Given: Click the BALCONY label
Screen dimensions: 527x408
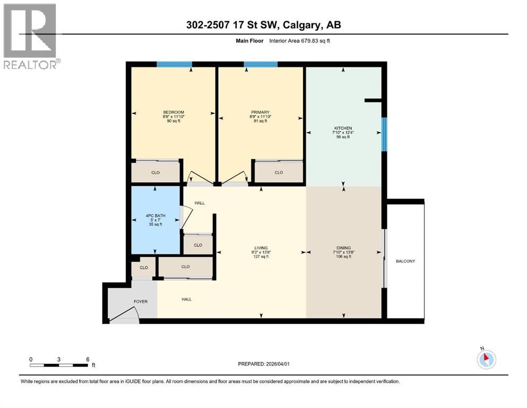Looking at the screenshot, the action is pos(405,261).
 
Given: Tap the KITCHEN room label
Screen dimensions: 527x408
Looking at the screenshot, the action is pos(343,128).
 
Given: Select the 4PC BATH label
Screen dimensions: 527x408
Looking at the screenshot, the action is pos(155,216).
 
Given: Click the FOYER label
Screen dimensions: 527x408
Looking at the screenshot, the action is pos(141,302).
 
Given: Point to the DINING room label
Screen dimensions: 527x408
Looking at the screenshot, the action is pos(343,248).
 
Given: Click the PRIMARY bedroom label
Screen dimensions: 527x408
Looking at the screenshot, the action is pos(260,112).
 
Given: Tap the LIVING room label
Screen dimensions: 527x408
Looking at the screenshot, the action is pos(261,248).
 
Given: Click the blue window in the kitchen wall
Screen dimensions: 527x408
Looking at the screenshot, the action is pos(384,134).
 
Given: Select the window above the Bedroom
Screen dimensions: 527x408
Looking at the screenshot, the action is pos(175,64).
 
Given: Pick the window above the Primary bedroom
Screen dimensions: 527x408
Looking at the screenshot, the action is pos(261,64).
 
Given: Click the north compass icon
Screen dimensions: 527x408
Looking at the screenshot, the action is pos(486,359).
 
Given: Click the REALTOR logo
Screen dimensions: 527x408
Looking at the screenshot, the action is pos(32,36).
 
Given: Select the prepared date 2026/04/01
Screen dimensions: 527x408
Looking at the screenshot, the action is pos(278,364).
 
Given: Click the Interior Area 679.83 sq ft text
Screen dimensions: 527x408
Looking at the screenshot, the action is pos(299,41).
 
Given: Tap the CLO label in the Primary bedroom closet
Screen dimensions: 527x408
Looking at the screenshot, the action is pos(279,172).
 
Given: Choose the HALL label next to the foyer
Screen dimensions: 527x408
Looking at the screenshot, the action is pos(186,299).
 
